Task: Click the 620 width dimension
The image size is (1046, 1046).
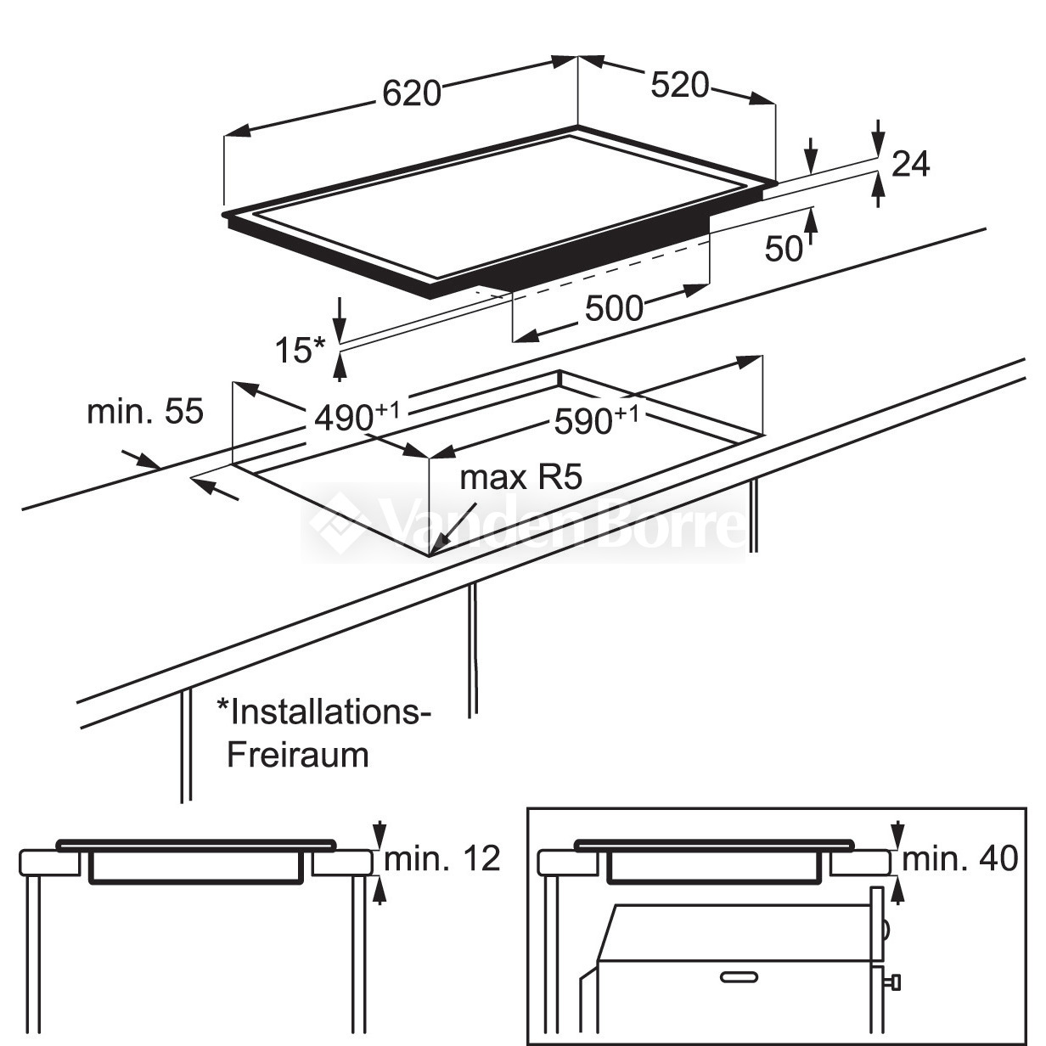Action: click(412, 92)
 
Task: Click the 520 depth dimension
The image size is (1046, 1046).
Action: click(678, 84)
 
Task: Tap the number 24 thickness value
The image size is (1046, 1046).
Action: click(911, 164)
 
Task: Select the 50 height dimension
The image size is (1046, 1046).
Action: click(784, 248)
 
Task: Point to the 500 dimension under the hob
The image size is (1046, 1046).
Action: click(614, 308)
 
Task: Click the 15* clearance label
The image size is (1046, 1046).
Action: click(300, 350)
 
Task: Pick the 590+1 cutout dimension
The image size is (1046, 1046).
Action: click(594, 419)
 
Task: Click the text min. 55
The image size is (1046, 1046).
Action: click(145, 412)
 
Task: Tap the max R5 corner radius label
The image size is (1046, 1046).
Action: click(520, 478)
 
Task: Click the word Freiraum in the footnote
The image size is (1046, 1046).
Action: click(297, 754)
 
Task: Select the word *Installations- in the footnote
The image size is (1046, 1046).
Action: click(323, 711)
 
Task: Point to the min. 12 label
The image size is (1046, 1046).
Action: click(442, 859)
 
